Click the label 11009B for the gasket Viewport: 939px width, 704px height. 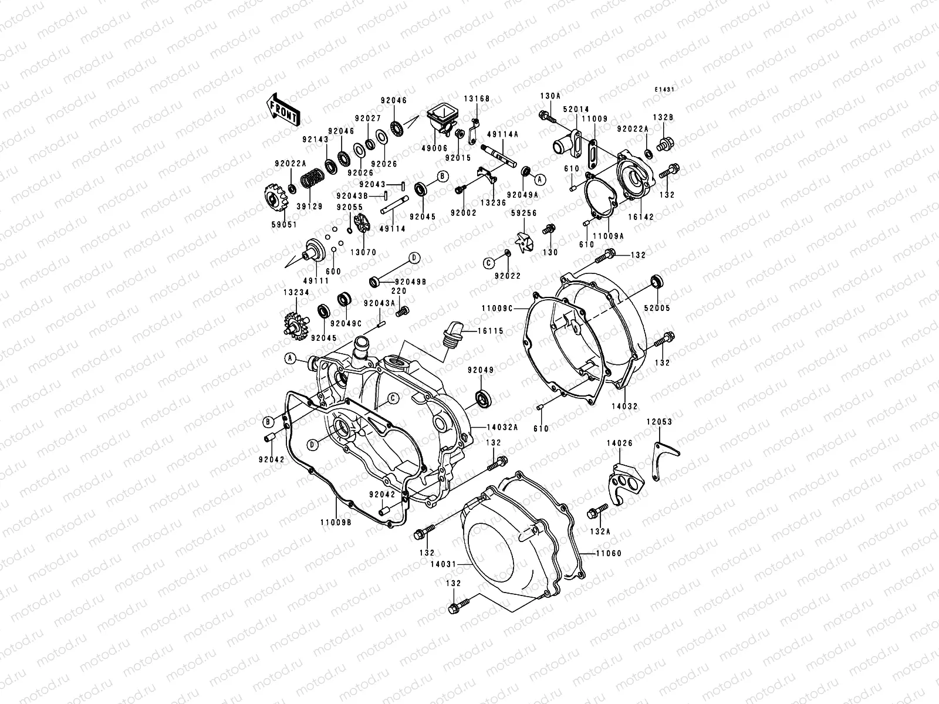pyautogui.click(x=336, y=523)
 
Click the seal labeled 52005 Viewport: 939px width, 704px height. pyautogui.click(x=657, y=280)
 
